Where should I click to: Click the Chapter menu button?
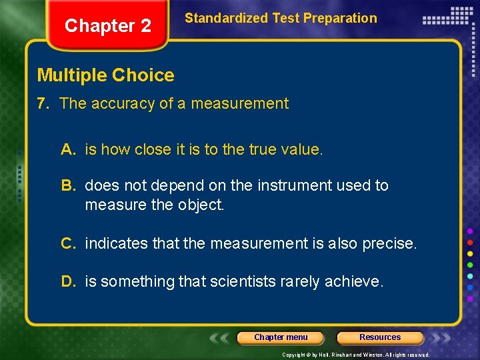click(281, 337)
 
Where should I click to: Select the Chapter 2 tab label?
click(107, 26)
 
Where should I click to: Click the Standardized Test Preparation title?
click(281, 18)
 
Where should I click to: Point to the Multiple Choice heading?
click(105, 75)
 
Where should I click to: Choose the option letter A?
click(67, 150)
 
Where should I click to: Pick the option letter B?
click(67, 185)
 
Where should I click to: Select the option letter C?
click(68, 243)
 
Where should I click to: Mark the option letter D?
click(68, 282)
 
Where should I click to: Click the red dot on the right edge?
click(470, 242)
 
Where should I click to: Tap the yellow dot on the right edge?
click(470, 253)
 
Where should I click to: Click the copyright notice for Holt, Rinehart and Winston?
click(356, 355)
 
